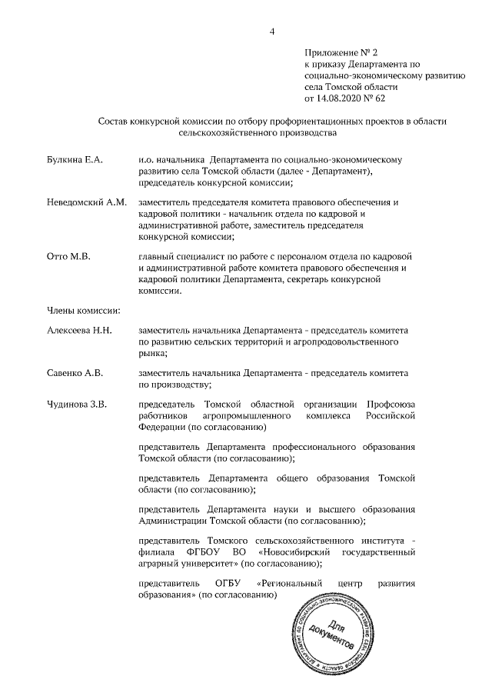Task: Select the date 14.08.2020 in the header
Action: pos(339,98)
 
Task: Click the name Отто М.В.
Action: pos(68,256)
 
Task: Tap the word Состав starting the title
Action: pos(116,121)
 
